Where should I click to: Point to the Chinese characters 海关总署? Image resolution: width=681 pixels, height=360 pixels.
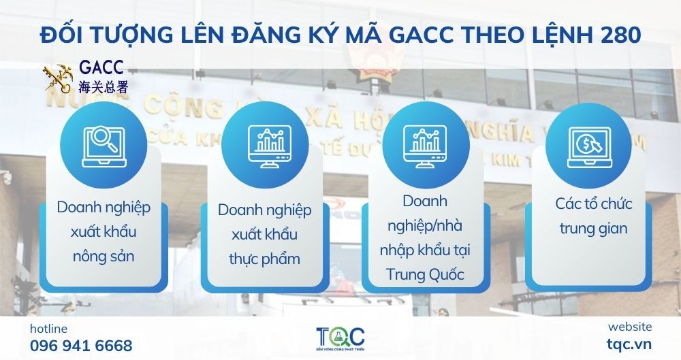click(103, 86)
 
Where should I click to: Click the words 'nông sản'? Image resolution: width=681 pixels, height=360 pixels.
click(103, 257)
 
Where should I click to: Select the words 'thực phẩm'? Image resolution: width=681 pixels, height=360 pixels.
click(265, 259)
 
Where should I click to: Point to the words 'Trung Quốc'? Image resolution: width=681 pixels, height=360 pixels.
click(424, 275)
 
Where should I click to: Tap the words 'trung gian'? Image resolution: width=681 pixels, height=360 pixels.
click(584, 228)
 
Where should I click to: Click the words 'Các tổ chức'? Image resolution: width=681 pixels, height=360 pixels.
click(584, 204)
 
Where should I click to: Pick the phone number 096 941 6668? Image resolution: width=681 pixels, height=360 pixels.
click(81, 345)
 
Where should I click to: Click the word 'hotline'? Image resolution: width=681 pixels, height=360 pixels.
click(48, 329)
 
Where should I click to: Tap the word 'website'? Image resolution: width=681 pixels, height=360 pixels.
click(629, 327)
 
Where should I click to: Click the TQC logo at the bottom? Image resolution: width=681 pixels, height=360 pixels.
click(340, 337)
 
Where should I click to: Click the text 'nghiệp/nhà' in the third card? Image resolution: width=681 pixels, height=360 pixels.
click(424, 226)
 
